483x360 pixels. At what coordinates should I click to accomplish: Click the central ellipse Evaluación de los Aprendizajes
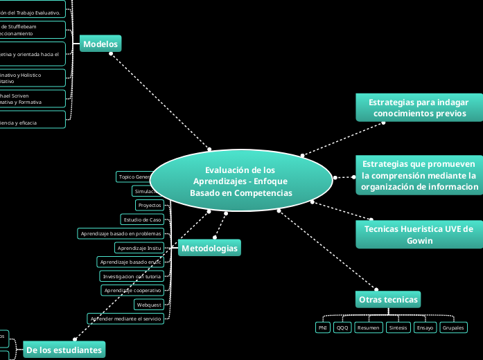pyautogui.click(x=241, y=181)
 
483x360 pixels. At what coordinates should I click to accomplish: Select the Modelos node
pyautogui.click(x=100, y=44)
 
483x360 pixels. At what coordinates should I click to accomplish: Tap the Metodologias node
pyautogui.click(x=209, y=249)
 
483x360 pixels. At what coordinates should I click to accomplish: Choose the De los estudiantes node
pyautogui.click(x=64, y=350)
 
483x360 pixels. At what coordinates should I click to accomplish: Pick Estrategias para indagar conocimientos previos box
pyautogui.click(x=419, y=107)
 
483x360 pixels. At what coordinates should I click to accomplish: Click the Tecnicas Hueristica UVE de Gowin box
pyautogui.click(x=419, y=235)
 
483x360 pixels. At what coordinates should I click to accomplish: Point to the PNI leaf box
pyautogui.click(x=322, y=327)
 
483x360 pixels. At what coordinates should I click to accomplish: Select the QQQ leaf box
pyautogui.click(x=342, y=327)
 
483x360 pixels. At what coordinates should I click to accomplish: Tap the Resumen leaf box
pyautogui.click(x=369, y=327)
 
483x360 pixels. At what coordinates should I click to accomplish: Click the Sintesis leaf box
pyautogui.click(x=398, y=327)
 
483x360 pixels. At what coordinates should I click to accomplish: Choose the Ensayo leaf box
pyautogui.click(x=425, y=327)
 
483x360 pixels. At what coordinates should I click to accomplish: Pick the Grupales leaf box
pyautogui.click(x=453, y=327)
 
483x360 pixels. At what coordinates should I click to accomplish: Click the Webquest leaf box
pyautogui.click(x=149, y=305)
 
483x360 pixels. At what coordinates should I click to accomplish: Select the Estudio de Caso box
pyautogui.click(x=141, y=219)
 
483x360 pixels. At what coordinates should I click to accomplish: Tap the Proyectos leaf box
pyautogui.click(x=150, y=206)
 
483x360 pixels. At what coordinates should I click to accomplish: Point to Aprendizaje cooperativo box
pyautogui.click(x=132, y=290)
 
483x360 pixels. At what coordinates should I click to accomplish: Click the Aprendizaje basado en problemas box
pyautogui.click(x=121, y=234)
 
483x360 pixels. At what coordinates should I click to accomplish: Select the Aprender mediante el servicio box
pyautogui.click(x=125, y=318)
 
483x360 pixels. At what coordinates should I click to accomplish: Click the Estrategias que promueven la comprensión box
pyautogui.click(x=419, y=176)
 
